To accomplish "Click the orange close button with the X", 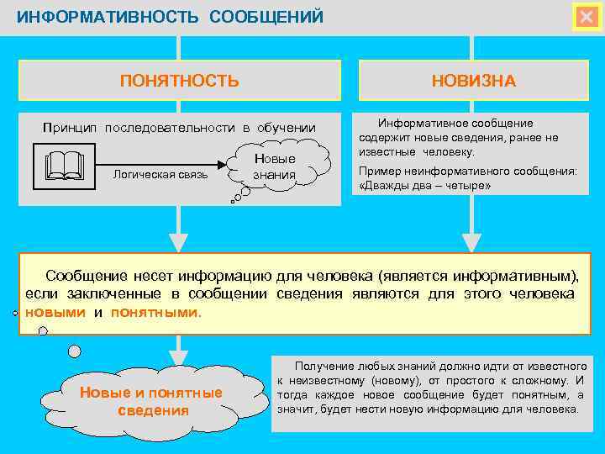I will coord(586,18).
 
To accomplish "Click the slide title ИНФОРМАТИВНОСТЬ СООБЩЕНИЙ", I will coord(170,18).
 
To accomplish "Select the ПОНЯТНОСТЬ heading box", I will coord(180,81).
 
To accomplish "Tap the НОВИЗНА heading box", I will coord(473,81).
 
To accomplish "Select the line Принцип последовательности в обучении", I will coord(179,128).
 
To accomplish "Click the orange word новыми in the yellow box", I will coord(55,312).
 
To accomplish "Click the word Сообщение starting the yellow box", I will coord(86,275).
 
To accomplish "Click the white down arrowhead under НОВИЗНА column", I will coord(473,240).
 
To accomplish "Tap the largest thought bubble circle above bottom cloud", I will coord(75,351).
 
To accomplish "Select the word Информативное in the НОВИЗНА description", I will coord(418,123).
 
